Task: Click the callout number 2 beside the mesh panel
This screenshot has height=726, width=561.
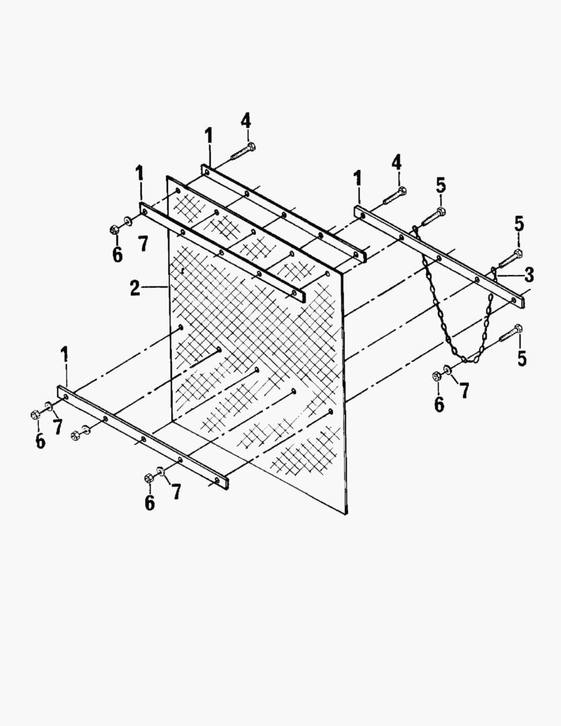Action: (x=134, y=288)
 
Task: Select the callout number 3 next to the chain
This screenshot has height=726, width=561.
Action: (x=529, y=274)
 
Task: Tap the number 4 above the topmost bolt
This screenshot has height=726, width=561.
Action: (x=246, y=121)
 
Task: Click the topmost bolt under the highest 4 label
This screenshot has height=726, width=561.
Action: (x=243, y=151)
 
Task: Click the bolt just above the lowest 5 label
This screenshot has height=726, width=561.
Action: (x=511, y=333)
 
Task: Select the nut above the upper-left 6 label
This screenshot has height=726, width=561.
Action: (x=114, y=229)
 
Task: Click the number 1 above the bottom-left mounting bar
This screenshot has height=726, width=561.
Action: (x=64, y=355)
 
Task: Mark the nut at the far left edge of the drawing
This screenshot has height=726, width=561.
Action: (x=36, y=415)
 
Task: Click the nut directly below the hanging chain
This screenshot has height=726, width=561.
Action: (x=437, y=376)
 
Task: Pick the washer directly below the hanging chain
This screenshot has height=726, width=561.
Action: (x=447, y=370)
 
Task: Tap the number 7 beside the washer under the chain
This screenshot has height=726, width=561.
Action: (x=464, y=391)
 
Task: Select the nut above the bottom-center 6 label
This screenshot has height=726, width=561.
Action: (x=149, y=479)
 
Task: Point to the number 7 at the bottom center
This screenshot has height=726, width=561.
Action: (x=176, y=491)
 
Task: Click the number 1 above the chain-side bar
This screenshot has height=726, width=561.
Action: (x=357, y=179)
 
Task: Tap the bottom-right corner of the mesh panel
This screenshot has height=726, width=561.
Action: (x=346, y=514)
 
